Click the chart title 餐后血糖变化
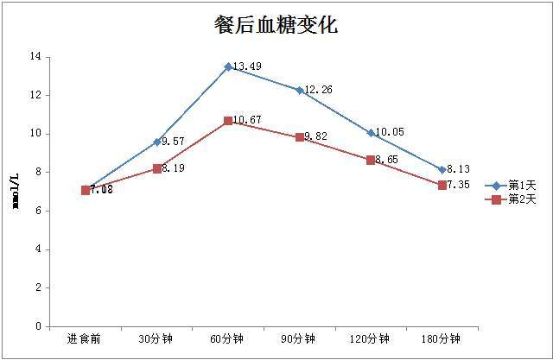click(x=276, y=25)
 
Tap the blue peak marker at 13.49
click(x=228, y=66)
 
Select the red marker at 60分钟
click(x=228, y=121)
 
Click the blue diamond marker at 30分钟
click(x=157, y=142)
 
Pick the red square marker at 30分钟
click(x=157, y=168)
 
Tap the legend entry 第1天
click(x=522, y=186)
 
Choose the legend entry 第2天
click(x=522, y=199)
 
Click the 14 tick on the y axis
click(x=35, y=57)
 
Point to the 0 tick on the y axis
click(x=38, y=327)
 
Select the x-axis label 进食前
click(x=85, y=338)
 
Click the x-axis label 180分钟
click(x=442, y=338)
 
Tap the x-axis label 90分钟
click(x=300, y=338)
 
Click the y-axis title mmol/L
click(x=16, y=192)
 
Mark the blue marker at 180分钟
click(x=442, y=170)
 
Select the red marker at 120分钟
click(x=371, y=160)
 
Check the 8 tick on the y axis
click(x=38, y=173)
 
